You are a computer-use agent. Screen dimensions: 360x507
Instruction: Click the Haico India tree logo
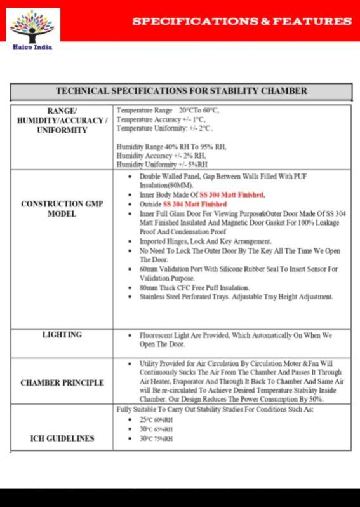click(x=33, y=26)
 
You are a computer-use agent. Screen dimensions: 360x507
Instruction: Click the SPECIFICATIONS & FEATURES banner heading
click(x=241, y=21)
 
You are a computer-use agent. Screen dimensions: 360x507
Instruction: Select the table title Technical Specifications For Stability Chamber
click(x=181, y=91)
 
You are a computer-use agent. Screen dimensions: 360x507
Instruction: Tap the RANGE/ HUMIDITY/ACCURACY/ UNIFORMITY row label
click(x=62, y=120)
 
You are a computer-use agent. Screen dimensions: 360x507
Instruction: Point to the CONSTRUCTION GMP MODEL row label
click(x=62, y=209)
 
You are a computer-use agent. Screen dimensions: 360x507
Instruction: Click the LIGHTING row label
click(x=62, y=334)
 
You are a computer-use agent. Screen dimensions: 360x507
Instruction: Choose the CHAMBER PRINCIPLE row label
click(x=62, y=383)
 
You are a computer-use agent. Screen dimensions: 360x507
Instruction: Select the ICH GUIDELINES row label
click(x=62, y=438)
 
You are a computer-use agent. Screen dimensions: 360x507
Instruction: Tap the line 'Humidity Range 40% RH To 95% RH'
click(x=171, y=147)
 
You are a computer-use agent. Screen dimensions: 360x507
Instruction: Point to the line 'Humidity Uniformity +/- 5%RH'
click(x=162, y=164)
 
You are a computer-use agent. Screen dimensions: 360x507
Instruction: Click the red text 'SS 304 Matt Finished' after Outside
click(x=195, y=205)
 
